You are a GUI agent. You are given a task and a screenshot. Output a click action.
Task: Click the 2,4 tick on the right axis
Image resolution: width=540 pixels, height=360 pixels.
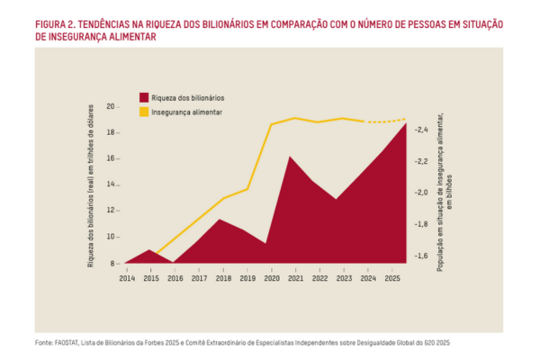tap(421, 130)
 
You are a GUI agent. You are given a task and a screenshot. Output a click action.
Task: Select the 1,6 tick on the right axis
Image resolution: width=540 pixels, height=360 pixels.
tap(421, 256)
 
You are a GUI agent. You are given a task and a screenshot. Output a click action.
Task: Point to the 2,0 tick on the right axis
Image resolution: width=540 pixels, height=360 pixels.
tap(421, 193)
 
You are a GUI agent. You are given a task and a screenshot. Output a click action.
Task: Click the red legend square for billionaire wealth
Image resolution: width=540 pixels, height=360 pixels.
tap(144, 96)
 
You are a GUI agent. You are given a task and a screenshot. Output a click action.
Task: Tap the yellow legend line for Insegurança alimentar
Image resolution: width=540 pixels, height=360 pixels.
tap(144, 112)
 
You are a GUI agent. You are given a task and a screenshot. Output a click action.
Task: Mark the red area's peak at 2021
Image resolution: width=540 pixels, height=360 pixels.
tap(290, 157)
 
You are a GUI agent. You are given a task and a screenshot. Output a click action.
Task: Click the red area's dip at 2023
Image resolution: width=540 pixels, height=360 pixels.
tap(337, 199)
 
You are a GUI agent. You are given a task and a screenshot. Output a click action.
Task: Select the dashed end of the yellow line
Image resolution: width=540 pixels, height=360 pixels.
tap(387, 121)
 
